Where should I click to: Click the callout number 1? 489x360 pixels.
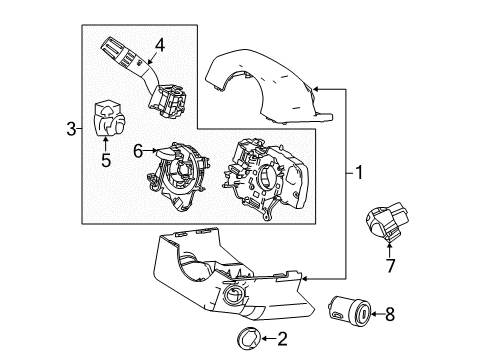click(x=358, y=173)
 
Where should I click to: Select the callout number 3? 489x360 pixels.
click(x=70, y=128)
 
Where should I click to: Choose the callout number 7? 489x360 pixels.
click(x=391, y=268)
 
